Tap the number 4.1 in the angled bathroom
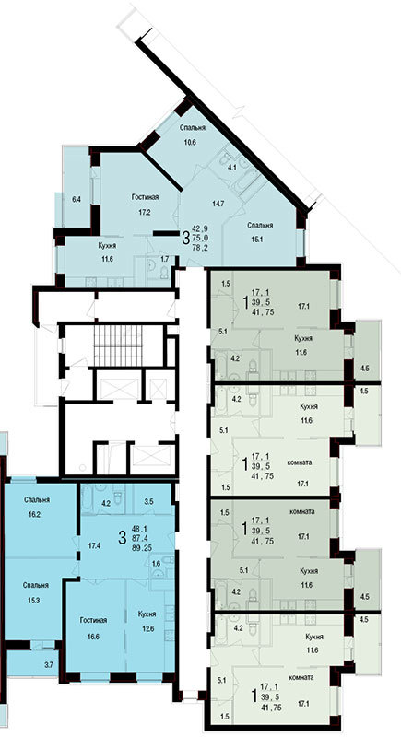pyautogui.click(x=231, y=166)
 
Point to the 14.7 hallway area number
pyautogui.click(x=218, y=204)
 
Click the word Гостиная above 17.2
pyautogui.click(x=145, y=197)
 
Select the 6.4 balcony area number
pyautogui.click(x=77, y=200)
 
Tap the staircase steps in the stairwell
pyautogui.click(x=118, y=345)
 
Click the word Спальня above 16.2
pyautogui.click(x=38, y=500)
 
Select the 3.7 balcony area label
pyautogui.click(x=49, y=663)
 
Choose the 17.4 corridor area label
pyautogui.click(x=95, y=546)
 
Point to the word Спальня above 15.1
pyautogui.click(x=261, y=226)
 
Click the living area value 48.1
pyautogui.click(x=141, y=528)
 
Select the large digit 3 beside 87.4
pyautogui.click(x=123, y=537)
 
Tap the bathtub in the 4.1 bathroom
pyautogui.click(x=246, y=181)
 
